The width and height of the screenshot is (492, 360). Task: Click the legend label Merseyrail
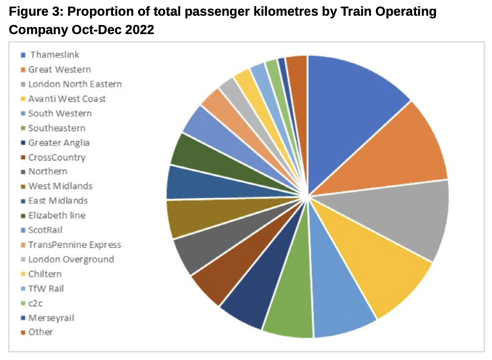point(51,318)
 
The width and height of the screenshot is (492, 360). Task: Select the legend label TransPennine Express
point(75,245)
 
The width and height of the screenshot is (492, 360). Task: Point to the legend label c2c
point(36,303)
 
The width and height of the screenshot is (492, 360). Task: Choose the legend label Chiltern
point(45,274)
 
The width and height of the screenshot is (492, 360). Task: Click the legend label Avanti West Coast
point(67,99)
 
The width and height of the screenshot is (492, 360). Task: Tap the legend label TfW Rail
point(46,288)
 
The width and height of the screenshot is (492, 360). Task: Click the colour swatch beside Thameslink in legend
point(22,55)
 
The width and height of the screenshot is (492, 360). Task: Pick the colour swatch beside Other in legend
point(22,332)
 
